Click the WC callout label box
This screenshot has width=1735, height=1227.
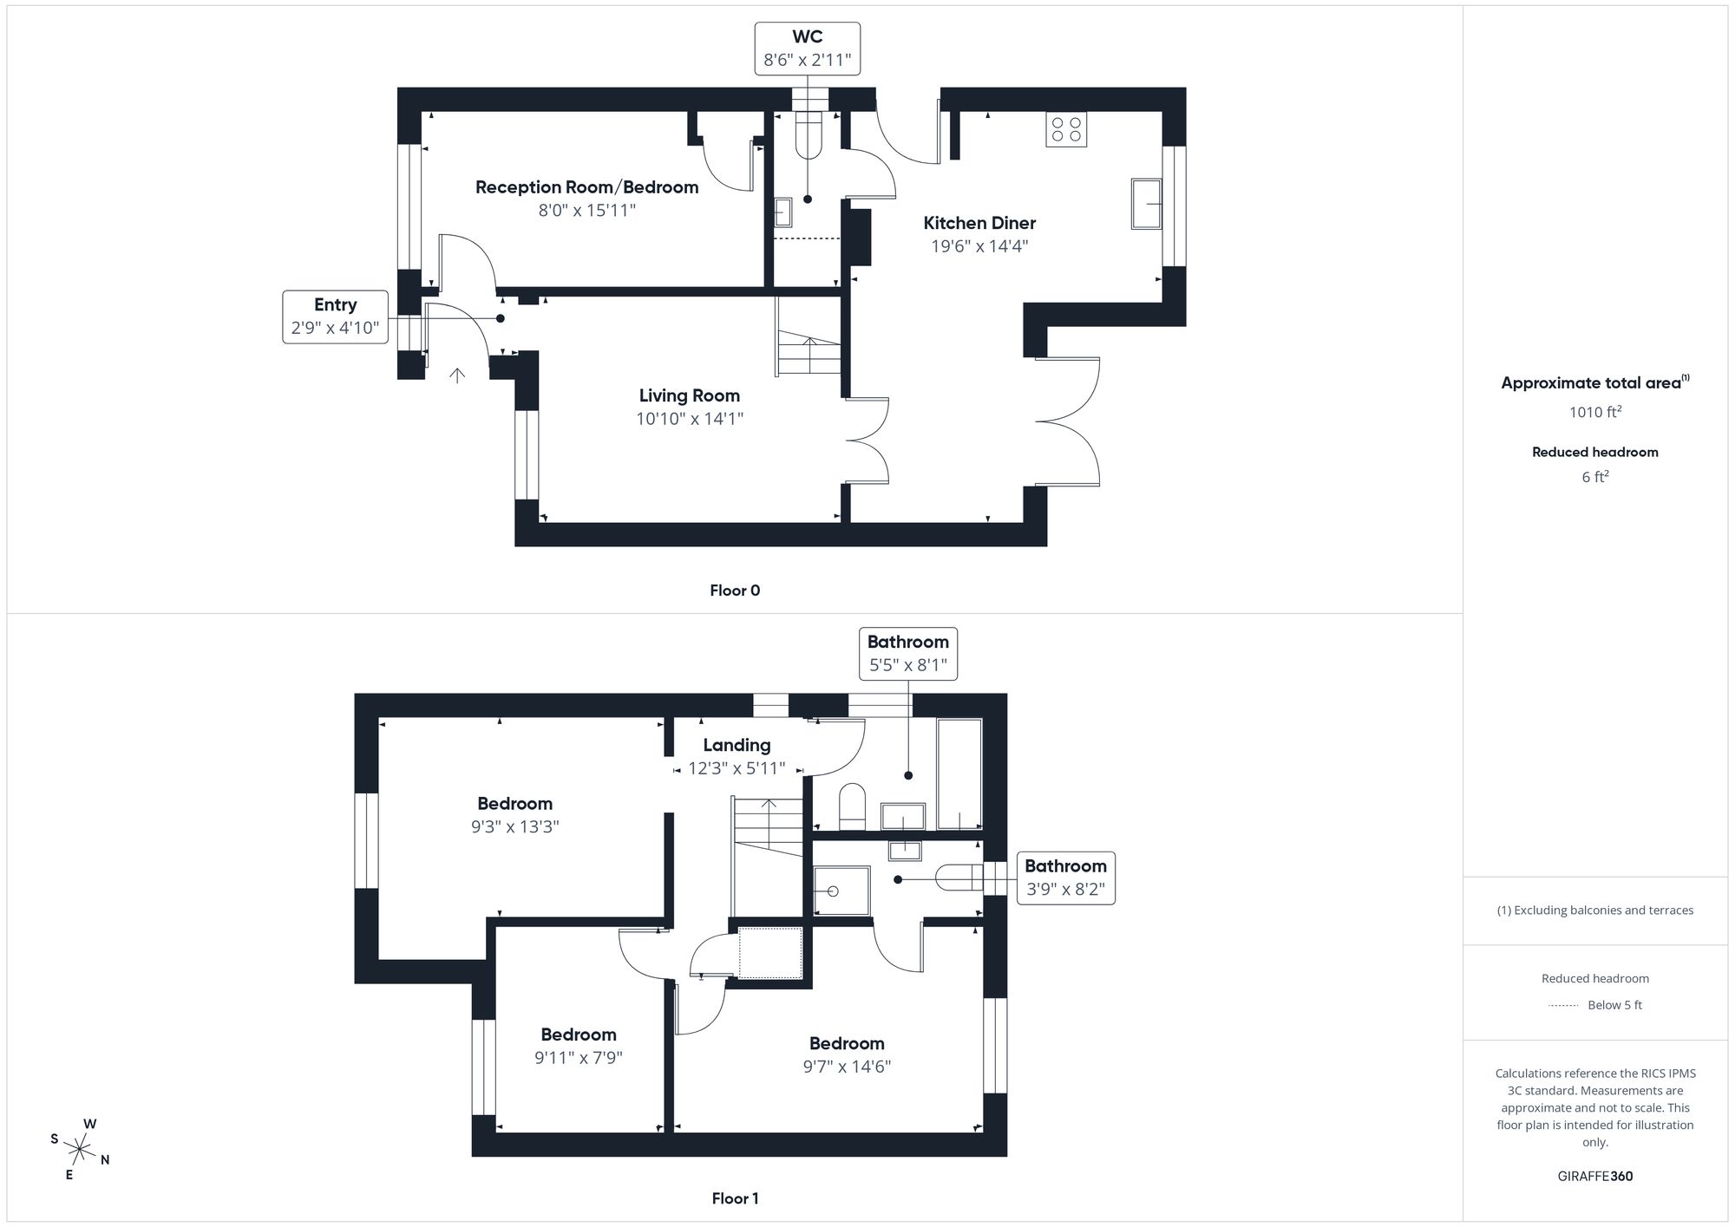click(x=807, y=49)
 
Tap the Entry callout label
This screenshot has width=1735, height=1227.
click(x=335, y=317)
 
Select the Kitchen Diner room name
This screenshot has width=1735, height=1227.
click(x=979, y=223)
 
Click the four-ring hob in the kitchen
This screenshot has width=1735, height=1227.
click(x=1066, y=130)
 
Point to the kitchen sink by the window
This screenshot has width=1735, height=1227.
click(x=1146, y=204)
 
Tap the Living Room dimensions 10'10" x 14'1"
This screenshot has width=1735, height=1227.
click(x=689, y=419)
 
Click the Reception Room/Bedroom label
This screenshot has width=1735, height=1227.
click(x=586, y=187)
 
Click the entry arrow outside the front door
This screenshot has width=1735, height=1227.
click(x=456, y=375)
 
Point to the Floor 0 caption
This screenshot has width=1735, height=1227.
click(x=735, y=591)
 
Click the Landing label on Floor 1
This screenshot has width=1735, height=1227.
click(x=737, y=745)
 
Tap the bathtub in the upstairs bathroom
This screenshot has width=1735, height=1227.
click(x=959, y=773)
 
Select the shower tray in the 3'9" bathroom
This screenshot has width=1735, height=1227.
click(x=841, y=891)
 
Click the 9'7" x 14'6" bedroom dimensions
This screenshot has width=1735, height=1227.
click(x=847, y=1067)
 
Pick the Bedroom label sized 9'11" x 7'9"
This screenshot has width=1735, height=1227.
click(x=578, y=1034)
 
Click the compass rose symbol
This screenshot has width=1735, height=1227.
click(x=80, y=1151)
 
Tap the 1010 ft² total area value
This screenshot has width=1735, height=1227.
click(x=1594, y=412)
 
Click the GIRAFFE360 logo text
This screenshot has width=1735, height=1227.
click(x=1594, y=1177)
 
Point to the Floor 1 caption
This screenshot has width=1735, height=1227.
click(x=735, y=1198)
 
